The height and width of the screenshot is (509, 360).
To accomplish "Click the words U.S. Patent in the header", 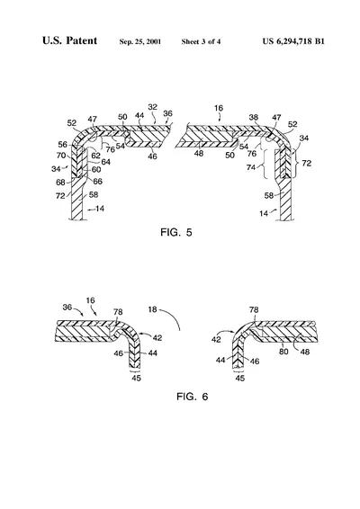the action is [69, 40].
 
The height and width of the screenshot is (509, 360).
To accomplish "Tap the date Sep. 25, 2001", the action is [140, 41].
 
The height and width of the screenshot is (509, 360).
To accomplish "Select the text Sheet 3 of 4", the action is [201, 41].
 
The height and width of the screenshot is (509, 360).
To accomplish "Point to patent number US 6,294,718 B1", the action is [293, 41].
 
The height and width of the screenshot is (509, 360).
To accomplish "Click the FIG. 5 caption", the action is [176, 232].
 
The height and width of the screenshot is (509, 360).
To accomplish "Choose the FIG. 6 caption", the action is [192, 397].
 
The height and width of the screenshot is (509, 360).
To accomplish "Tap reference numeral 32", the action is [153, 107].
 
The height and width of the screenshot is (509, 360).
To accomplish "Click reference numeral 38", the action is [254, 117].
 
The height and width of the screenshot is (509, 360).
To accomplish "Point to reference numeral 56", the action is [63, 145].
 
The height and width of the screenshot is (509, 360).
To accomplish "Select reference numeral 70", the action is [61, 156].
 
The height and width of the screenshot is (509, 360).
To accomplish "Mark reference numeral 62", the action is [95, 156].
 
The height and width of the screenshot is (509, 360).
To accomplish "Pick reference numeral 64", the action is [106, 162].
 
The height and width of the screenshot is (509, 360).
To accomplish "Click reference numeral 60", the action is [96, 169].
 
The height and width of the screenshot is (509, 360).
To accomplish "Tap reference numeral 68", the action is [60, 183].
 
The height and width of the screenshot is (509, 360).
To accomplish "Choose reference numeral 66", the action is [98, 181].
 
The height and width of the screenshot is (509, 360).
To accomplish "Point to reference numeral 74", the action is [251, 167].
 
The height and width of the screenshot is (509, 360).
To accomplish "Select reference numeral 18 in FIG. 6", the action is [152, 309].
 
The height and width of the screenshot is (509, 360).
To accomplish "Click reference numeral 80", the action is [283, 352].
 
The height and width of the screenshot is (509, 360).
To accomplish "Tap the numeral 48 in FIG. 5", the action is [199, 153].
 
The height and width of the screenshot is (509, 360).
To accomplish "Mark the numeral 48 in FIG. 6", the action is [305, 352].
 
